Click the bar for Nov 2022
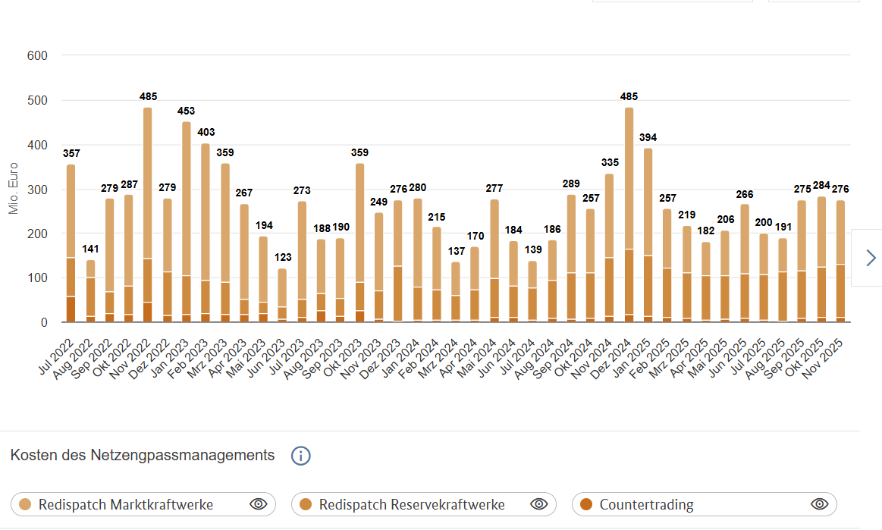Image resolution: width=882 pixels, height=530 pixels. (x=148, y=215)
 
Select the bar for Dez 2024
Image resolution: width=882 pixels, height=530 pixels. (x=629, y=215)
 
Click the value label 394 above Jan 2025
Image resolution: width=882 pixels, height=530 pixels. (x=648, y=137)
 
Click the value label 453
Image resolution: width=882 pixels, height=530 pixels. (x=187, y=111)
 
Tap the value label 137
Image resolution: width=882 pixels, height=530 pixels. (x=455, y=251)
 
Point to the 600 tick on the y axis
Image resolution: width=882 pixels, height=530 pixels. (x=37, y=55)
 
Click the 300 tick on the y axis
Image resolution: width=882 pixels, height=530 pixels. (x=37, y=189)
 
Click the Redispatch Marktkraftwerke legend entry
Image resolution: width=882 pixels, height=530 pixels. (x=126, y=504)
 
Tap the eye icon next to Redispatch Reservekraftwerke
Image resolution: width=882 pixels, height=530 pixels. (x=538, y=504)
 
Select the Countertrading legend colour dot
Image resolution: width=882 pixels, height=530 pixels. (x=585, y=504)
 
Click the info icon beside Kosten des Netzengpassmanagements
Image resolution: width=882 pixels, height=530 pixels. (x=301, y=456)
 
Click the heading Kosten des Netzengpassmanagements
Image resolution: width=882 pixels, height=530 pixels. (x=143, y=455)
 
